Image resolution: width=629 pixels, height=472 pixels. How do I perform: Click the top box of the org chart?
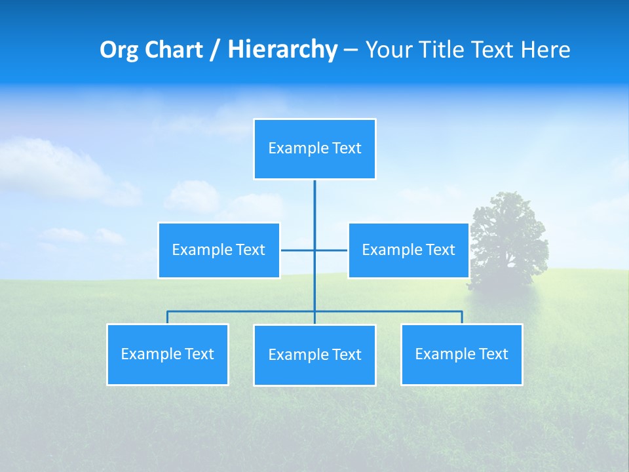(x=314, y=149)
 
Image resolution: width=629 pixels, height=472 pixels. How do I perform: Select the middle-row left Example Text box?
(x=219, y=250)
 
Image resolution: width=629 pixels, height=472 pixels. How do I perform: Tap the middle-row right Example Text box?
(x=408, y=250)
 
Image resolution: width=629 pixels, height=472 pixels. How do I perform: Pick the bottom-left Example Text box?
(x=168, y=354)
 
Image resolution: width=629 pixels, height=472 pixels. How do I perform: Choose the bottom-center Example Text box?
(x=314, y=355)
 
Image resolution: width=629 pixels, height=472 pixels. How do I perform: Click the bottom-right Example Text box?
(x=461, y=354)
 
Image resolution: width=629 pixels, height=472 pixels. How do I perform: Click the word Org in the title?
(x=118, y=50)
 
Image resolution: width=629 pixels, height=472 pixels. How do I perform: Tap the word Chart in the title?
(x=173, y=50)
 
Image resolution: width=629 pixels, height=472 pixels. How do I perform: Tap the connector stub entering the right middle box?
(x=333, y=250)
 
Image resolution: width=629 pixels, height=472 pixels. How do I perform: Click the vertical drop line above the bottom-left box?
(x=168, y=317)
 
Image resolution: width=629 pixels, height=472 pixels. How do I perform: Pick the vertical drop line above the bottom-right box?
(x=462, y=317)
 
